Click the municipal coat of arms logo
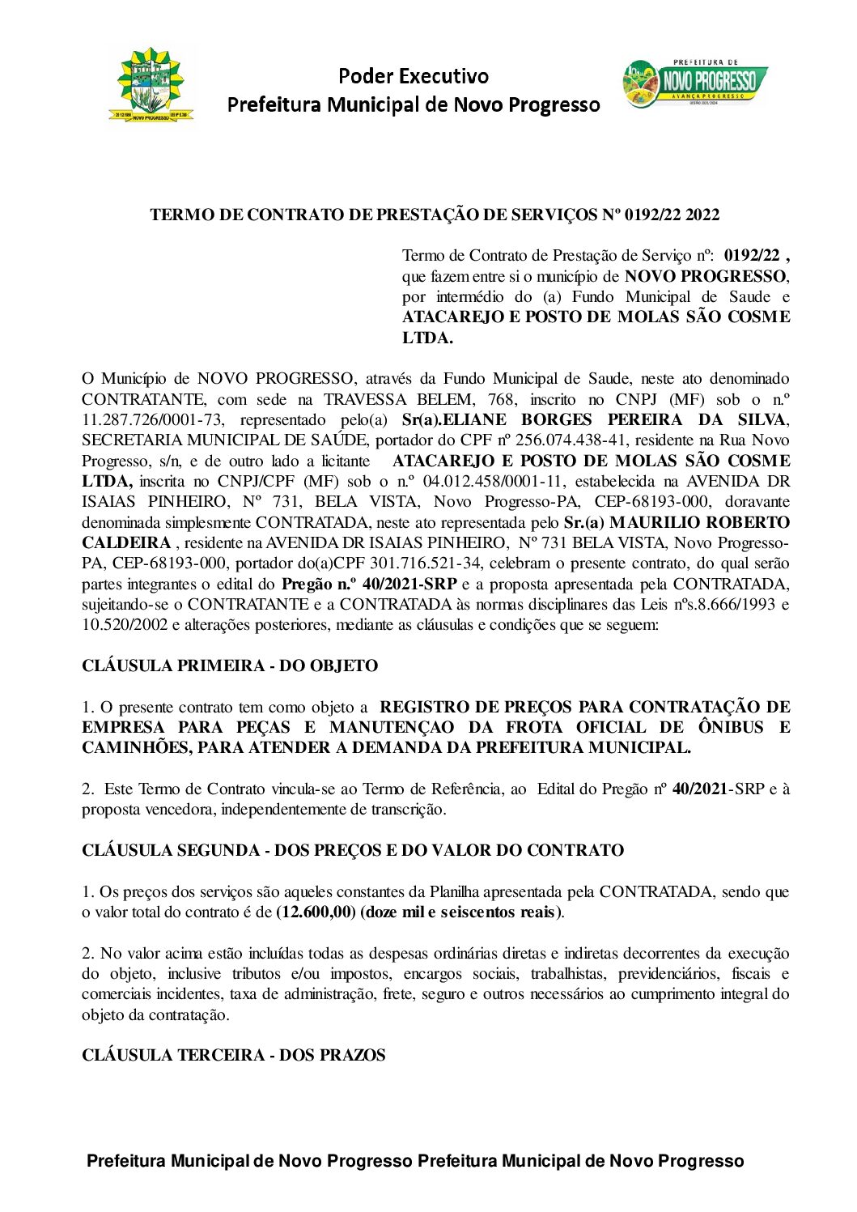[x=151, y=85]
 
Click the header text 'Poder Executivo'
[x=413, y=76]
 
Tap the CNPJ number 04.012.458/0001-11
[x=479, y=482]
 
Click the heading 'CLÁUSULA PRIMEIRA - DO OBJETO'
[x=230, y=666]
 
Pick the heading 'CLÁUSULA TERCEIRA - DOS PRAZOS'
[x=233, y=1056]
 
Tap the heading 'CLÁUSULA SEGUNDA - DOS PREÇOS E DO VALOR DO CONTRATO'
[x=353, y=851]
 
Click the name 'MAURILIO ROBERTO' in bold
[x=699, y=523]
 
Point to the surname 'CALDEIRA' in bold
[x=126, y=543]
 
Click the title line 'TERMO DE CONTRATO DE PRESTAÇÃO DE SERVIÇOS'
[x=375, y=215]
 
